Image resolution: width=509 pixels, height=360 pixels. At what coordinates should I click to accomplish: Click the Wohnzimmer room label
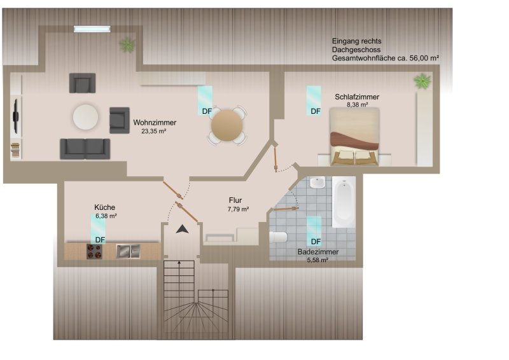click(155, 123)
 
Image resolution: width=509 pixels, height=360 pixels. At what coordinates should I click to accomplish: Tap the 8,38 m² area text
click(357, 105)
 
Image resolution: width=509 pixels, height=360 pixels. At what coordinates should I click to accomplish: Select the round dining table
click(227, 125)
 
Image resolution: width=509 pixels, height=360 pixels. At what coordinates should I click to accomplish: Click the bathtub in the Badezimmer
click(344, 202)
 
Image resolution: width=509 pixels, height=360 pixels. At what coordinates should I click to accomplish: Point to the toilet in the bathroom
click(278, 237)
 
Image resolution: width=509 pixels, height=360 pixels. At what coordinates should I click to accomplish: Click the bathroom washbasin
click(317, 183)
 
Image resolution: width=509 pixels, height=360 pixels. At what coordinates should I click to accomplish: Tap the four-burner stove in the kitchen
click(94, 251)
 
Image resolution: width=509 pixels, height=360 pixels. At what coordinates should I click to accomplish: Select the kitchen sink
click(129, 251)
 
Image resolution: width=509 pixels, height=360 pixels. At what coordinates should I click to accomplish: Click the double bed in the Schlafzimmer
click(354, 136)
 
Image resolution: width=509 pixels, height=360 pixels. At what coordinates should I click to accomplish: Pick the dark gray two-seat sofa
click(85, 149)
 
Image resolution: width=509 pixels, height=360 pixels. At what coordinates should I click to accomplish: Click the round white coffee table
click(85, 117)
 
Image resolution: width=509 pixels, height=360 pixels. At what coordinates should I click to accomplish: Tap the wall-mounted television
click(15, 116)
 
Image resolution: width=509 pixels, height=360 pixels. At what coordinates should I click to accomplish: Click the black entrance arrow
click(183, 229)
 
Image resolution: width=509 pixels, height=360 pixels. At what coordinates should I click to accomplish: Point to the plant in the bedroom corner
click(422, 81)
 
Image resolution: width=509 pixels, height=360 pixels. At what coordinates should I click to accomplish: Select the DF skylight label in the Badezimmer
click(316, 242)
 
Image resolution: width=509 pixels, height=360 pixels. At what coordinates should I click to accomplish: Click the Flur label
click(235, 200)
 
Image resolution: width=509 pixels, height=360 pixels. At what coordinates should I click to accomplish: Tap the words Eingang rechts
click(356, 41)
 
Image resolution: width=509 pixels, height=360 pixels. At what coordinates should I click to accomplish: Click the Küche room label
click(104, 207)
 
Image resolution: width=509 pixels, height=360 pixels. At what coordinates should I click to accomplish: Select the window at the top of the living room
click(92, 29)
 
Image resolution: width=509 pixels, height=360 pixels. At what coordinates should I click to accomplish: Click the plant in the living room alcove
click(127, 45)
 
